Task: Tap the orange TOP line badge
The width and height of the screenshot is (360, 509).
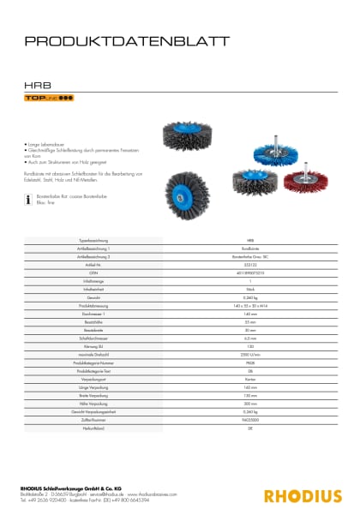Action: coord(48,100)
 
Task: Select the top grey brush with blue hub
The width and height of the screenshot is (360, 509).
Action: coord(180,137)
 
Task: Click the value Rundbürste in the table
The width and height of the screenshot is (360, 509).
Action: coord(249,248)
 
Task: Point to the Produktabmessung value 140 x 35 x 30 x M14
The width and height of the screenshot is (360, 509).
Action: coord(249,306)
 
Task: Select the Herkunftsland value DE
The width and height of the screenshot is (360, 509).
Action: coord(249,430)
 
